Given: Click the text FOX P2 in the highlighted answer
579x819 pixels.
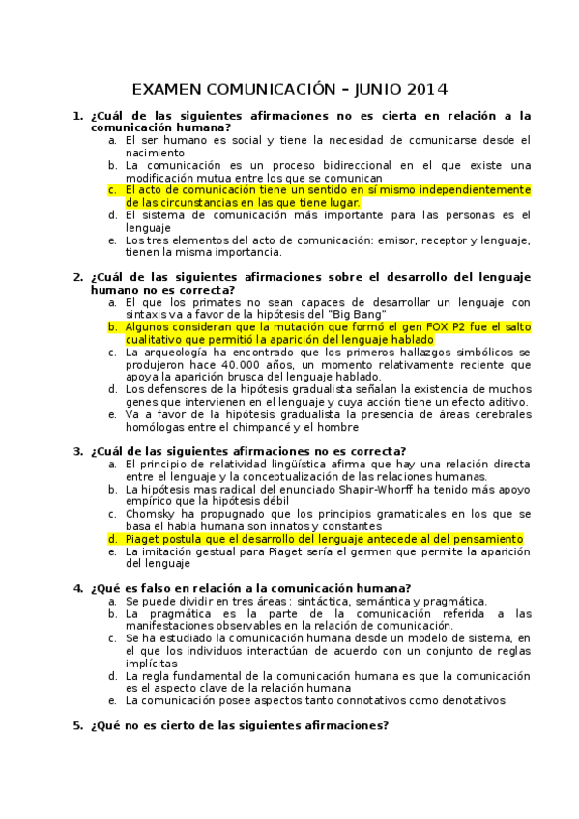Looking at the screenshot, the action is [425, 327].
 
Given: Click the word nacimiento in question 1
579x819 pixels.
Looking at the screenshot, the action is [155, 153].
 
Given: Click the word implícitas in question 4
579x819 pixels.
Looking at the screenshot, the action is [151, 664].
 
